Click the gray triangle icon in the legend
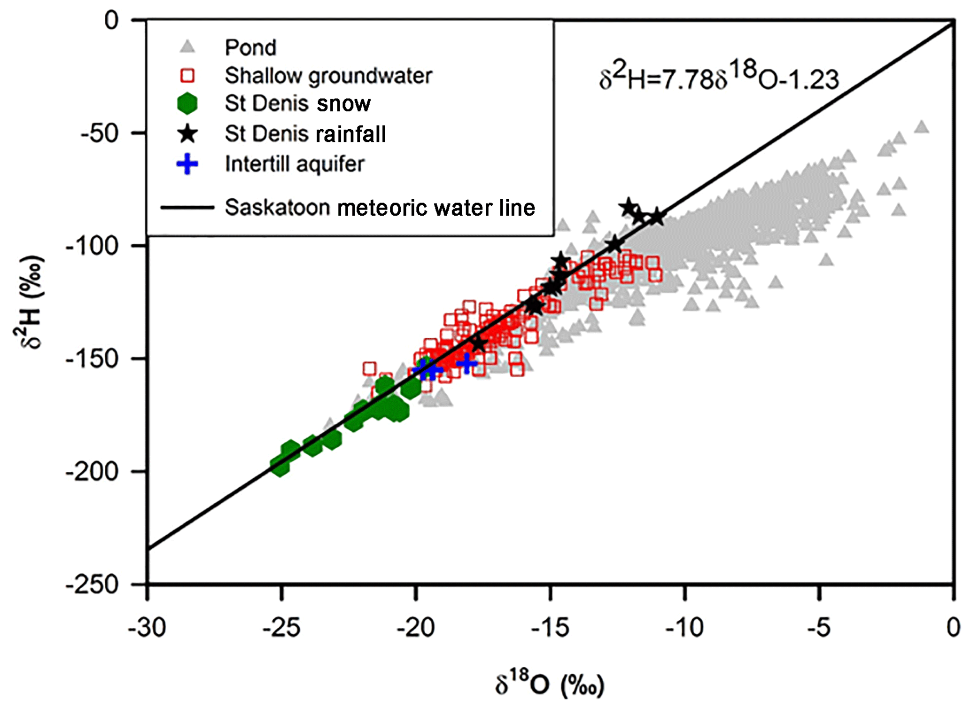[x=188, y=47]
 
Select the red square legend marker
[x=187, y=75]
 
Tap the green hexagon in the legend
[x=187, y=103]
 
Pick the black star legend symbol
[x=188, y=134]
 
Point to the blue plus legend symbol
[x=187, y=164]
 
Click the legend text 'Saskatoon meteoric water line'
[x=380, y=208]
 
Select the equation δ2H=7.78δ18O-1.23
[x=719, y=78]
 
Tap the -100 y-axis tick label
[x=92, y=246]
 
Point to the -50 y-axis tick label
[x=99, y=133]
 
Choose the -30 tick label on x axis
[x=147, y=628]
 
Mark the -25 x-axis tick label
[x=281, y=628]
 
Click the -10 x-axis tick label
[x=684, y=628]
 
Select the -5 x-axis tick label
[x=819, y=628]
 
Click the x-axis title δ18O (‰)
[x=550, y=684]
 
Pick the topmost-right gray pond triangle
[x=922, y=127]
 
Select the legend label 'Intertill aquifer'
[x=295, y=164]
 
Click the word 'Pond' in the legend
[x=250, y=47]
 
